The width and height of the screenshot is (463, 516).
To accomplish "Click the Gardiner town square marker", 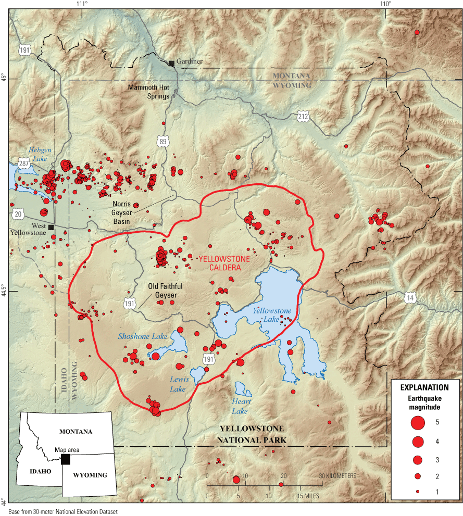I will click(x=171, y=63).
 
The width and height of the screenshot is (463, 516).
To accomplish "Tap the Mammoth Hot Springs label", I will click(x=149, y=92).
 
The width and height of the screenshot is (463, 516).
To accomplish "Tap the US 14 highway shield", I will click(x=410, y=297).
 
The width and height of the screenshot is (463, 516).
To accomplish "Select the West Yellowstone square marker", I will click(x=51, y=228).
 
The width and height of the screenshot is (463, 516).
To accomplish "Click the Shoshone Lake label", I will click(x=143, y=336).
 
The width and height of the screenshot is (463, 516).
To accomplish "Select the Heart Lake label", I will click(x=242, y=406).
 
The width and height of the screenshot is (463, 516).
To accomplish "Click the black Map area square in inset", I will click(x=65, y=459).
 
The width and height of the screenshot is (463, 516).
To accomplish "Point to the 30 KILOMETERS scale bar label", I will click(x=338, y=476).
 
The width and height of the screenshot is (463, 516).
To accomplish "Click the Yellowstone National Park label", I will click(x=252, y=434).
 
